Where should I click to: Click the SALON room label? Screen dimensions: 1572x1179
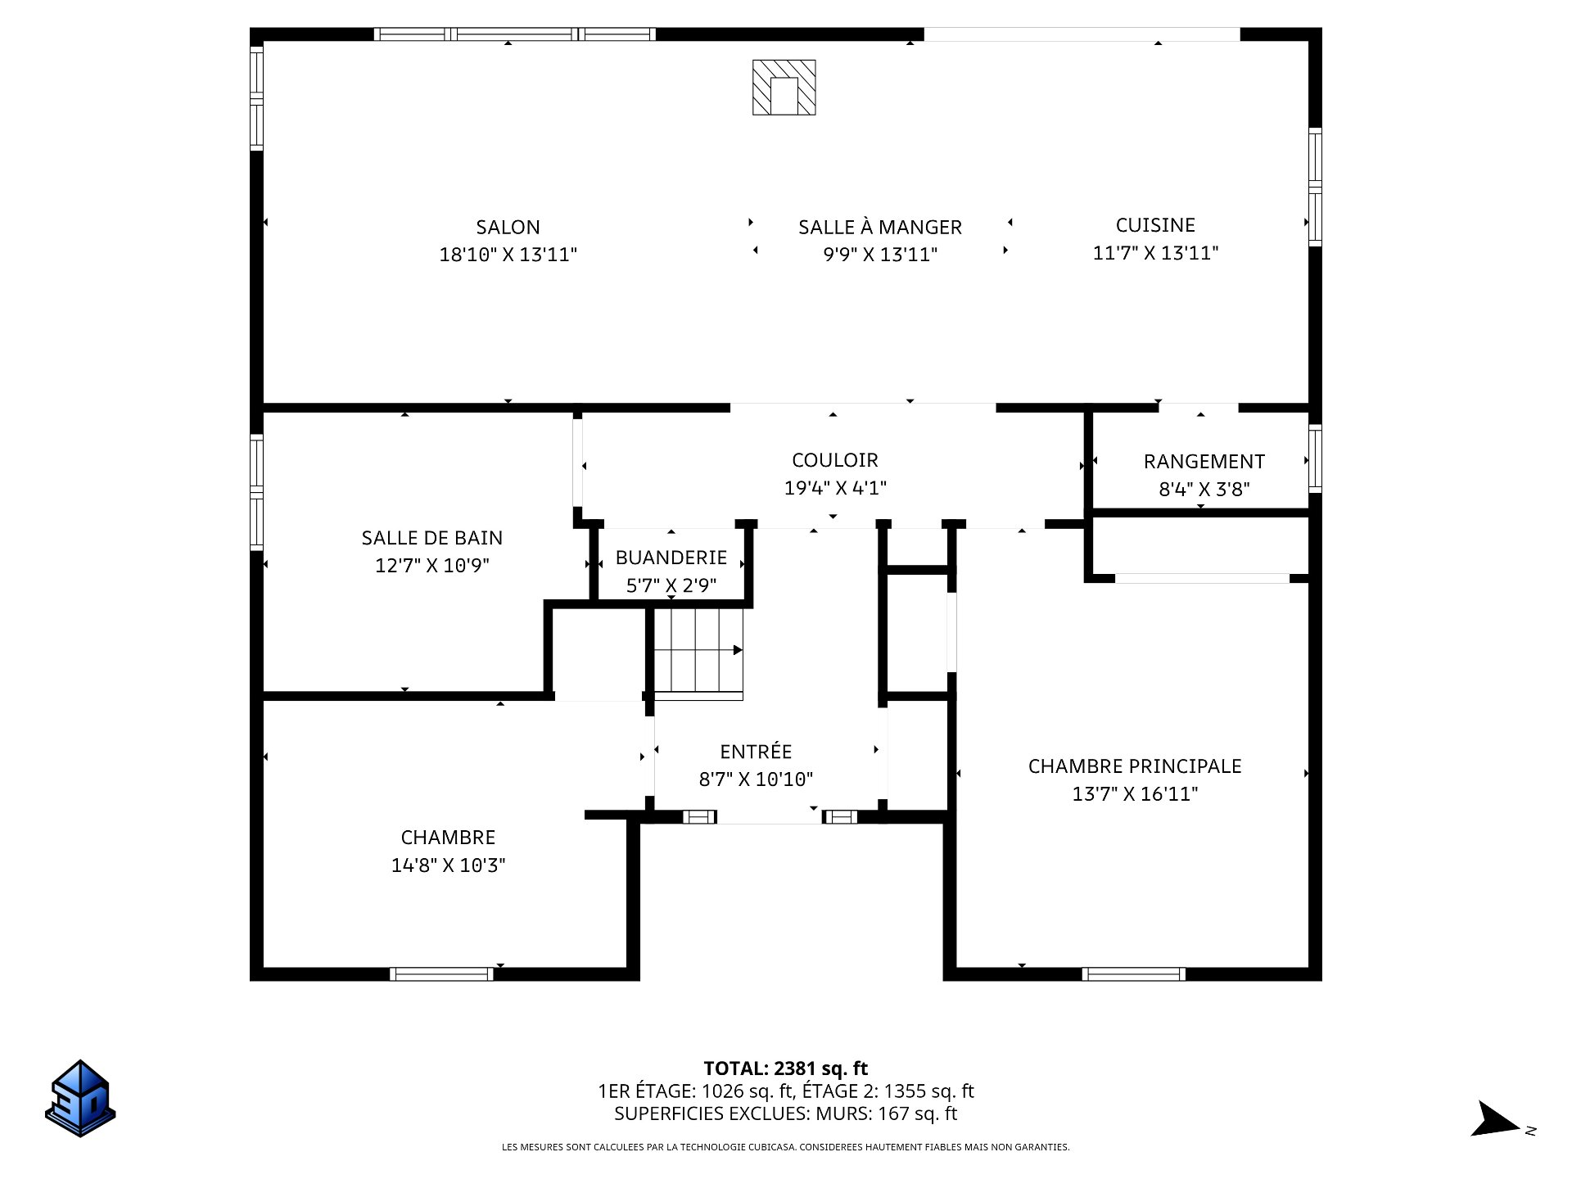(x=508, y=227)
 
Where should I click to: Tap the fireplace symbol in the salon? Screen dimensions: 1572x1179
(x=784, y=87)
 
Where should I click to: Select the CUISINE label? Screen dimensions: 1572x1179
(x=1155, y=225)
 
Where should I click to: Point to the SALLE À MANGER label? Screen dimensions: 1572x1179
(x=880, y=227)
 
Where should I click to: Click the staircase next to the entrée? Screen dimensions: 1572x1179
(x=698, y=653)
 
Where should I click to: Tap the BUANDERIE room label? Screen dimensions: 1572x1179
(x=671, y=558)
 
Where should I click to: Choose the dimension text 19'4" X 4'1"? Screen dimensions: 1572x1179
(x=835, y=489)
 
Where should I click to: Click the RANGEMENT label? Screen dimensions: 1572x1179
(x=1204, y=462)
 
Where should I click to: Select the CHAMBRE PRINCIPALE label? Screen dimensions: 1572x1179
(x=1135, y=766)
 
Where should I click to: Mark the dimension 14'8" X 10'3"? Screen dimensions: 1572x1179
(x=448, y=865)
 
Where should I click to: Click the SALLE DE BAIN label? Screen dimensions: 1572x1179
(x=432, y=538)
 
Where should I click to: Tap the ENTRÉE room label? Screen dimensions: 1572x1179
(x=756, y=752)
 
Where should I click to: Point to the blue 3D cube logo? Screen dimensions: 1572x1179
(x=80, y=1099)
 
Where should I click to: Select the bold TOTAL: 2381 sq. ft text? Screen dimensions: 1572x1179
(x=785, y=1068)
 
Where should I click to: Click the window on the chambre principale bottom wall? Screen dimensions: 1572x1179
(x=1134, y=974)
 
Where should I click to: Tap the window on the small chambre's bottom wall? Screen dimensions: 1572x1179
(x=441, y=974)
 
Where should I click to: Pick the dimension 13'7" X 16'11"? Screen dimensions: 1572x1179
(x=1135, y=794)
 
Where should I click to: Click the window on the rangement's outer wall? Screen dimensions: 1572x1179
(x=1315, y=458)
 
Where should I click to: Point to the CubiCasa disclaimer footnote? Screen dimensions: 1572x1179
(x=785, y=1148)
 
